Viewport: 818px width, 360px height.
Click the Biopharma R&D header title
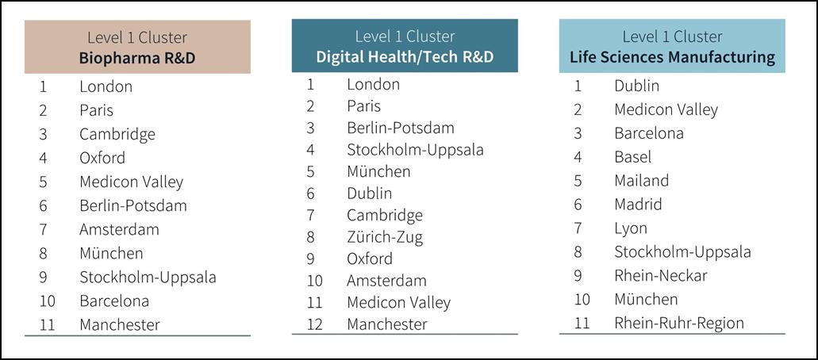point(137,58)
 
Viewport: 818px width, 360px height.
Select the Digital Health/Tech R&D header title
point(405,56)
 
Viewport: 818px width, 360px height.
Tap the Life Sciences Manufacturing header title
point(672,56)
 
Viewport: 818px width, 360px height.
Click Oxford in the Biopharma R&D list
point(102,158)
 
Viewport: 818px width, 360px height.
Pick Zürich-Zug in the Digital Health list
point(385,237)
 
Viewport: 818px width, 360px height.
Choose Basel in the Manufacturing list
point(632,157)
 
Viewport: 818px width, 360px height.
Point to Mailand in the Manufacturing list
point(641,181)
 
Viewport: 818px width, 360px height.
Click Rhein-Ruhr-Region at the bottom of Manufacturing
point(678,323)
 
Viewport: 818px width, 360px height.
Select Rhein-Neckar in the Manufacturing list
point(660,275)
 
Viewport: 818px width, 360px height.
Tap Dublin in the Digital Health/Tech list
point(369,193)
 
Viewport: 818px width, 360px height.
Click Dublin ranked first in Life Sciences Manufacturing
point(636,86)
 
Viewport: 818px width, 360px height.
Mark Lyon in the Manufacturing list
point(630,228)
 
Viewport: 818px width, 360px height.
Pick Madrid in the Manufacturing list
point(637,205)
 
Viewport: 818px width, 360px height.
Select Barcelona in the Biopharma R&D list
point(114,301)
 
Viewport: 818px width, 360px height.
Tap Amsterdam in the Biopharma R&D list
point(119,229)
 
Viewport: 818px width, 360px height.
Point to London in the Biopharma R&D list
point(106,86)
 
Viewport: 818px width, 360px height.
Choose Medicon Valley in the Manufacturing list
point(666,109)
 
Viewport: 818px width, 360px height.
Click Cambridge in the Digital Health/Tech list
point(385,215)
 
